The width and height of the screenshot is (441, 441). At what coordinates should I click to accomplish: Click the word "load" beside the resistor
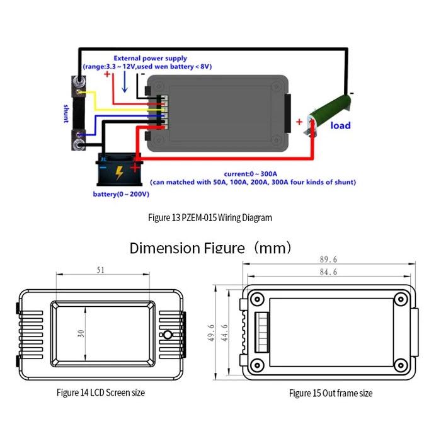(340, 125)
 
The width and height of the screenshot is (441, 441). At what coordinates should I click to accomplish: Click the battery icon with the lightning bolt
(119, 169)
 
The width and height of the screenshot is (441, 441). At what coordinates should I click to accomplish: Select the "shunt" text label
(66, 113)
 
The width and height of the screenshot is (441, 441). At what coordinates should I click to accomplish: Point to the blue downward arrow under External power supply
(125, 81)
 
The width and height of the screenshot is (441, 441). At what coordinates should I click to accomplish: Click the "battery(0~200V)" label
(121, 194)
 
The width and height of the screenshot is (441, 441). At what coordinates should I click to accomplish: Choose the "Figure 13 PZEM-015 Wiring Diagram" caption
(210, 218)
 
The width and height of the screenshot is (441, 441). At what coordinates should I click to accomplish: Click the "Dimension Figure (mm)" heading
(210, 248)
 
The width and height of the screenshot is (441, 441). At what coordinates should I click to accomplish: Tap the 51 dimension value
(101, 270)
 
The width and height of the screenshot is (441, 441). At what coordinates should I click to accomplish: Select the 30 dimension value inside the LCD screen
(81, 333)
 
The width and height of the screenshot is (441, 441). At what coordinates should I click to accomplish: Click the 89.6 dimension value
(328, 260)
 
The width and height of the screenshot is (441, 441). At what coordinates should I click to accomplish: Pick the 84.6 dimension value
(328, 272)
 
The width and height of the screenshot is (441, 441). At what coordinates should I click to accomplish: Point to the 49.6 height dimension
(211, 333)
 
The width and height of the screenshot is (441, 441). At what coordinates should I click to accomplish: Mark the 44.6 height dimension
(224, 333)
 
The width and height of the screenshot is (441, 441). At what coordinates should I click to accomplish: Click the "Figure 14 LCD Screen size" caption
(101, 392)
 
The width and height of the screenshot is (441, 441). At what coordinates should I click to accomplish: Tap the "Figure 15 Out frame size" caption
(331, 393)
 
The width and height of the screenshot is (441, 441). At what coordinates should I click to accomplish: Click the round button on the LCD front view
(168, 335)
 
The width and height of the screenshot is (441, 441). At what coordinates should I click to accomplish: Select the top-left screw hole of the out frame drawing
(257, 299)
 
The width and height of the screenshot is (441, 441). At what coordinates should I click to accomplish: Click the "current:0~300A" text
(251, 174)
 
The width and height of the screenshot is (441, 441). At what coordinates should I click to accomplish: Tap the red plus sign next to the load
(299, 122)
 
